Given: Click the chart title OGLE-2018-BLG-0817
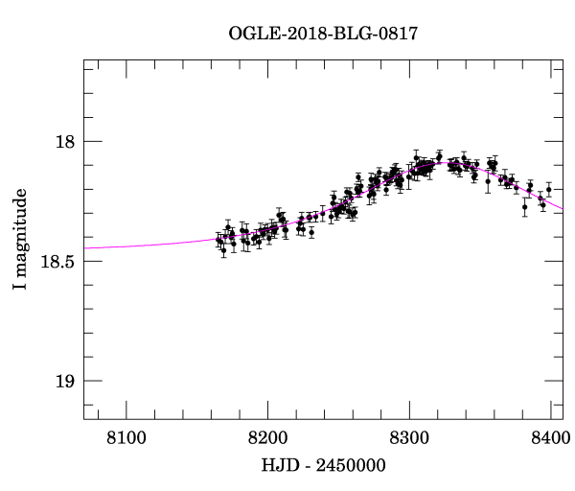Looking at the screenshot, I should pos(323,34).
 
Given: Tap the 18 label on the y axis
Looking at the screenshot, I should pos(65,142).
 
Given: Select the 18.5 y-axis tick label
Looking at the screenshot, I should pos(57,262).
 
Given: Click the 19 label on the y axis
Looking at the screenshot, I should pos(65,382).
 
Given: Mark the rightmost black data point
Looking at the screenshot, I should pos(549,190).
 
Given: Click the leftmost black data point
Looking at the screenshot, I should pos(218,239).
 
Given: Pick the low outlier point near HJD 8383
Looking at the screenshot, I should pos(525,206).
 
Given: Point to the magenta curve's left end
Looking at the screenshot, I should pos(84,248).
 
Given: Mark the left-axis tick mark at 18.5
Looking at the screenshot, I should pos(88,262).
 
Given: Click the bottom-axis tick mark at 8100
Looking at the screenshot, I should pos(126,413).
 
